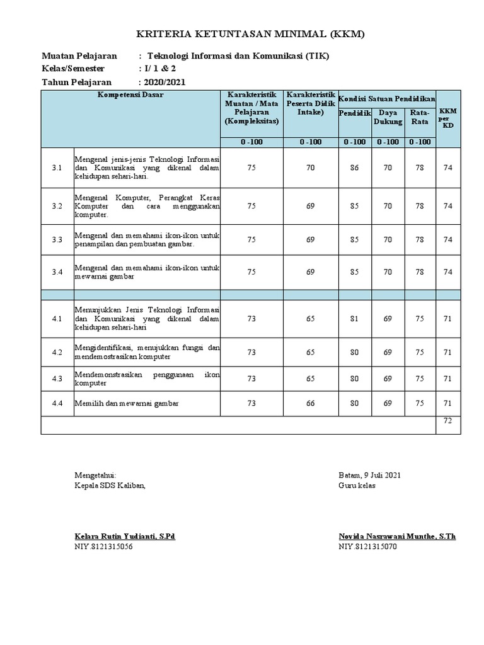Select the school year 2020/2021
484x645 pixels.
pyautogui.click(x=164, y=82)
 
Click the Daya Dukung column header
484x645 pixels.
pyautogui.click(x=388, y=117)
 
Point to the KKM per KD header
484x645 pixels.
pyautogui.click(x=447, y=117)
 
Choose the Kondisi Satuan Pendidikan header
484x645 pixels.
pyautogui.click(x=387, y=100)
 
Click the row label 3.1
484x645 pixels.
pyautogui.click(x=57, y=168)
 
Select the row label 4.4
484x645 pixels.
pyautogui.click(x=57, y=403)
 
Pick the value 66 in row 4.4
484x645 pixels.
pyautogui.click(x=310, y=403)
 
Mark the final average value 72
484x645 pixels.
pyautogui.click(x=447, y=420)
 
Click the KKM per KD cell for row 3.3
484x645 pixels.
pyautogui.click(x=447, y=239)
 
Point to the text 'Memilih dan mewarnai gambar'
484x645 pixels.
pyautogui.click(x=127, y=403)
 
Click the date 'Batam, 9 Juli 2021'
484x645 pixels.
pyautogui.click(x=369, y=475)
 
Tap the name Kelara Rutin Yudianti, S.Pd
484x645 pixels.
pyautogui.click(x=125, y=536)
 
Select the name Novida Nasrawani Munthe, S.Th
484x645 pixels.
pyautogui.click(x=397, y=536)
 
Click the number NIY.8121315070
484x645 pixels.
pyautogui.click(x=368, y=546)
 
